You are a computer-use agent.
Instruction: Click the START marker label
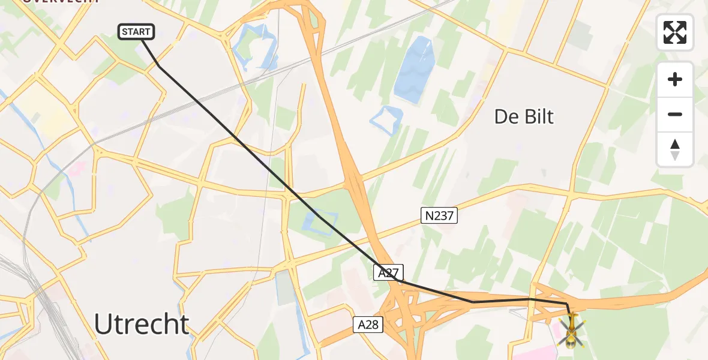click(137, 32)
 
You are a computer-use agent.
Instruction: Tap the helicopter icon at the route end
click(571, 331)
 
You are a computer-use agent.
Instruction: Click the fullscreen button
click(675, 32)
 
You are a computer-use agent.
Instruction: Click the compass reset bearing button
click(675, 149)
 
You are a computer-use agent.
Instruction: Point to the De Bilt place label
click(524, 116)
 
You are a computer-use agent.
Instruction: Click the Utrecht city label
click(142, 325)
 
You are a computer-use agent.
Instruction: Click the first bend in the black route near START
click(158, 65)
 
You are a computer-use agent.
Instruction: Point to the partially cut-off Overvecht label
click(60, 2)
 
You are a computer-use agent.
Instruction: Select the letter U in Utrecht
click(104, 325)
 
